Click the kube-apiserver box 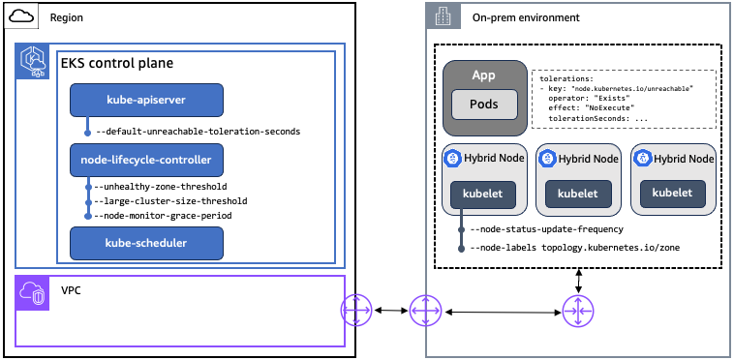146,99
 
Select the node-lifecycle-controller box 146,157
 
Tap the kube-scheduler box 146,242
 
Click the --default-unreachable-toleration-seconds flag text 198,131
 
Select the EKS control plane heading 117,64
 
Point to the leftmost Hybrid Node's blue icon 451,158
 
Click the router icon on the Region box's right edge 356,311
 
